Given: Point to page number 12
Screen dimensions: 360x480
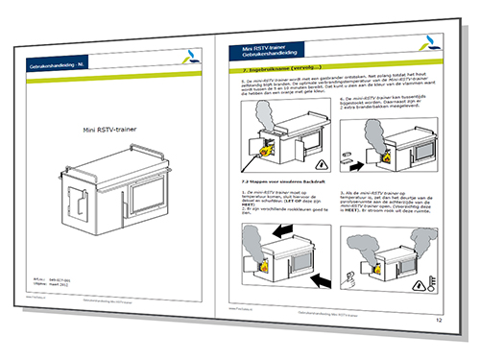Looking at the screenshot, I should (438, 319).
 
